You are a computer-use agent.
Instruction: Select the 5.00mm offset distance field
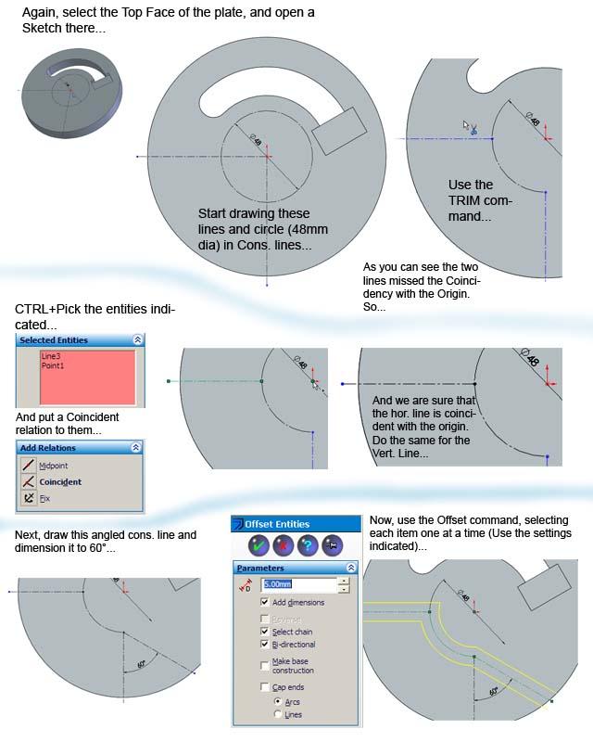pyautogui.click(x=298, y=584)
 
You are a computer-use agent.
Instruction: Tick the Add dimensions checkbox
pyautogui.click(x=266, y=603)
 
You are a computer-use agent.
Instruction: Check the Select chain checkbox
pyautogui.click(x=266, y=632)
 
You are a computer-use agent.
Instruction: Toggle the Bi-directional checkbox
pyautogui.click(x=266, y=645)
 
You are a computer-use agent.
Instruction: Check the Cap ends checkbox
pyautogui.click(x=266, y=687)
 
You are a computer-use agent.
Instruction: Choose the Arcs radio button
pyautogui.click(x=277, y=702)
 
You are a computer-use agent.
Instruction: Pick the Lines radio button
pyautogui.click(x=277, y=715)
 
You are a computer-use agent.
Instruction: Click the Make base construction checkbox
pyautogui.click(x=266, y=665)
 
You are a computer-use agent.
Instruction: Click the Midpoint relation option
pyautogui.click(x=53, y=466)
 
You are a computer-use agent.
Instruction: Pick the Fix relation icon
pyautogui.click(x=29, y=498)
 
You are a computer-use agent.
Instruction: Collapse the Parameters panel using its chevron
pyautogui.click(x=351, y=568)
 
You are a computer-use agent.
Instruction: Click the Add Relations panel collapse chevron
pyautogui.click(x=136, y=447)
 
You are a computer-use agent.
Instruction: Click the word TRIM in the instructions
pyautogui.click(x=467, y=200)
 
